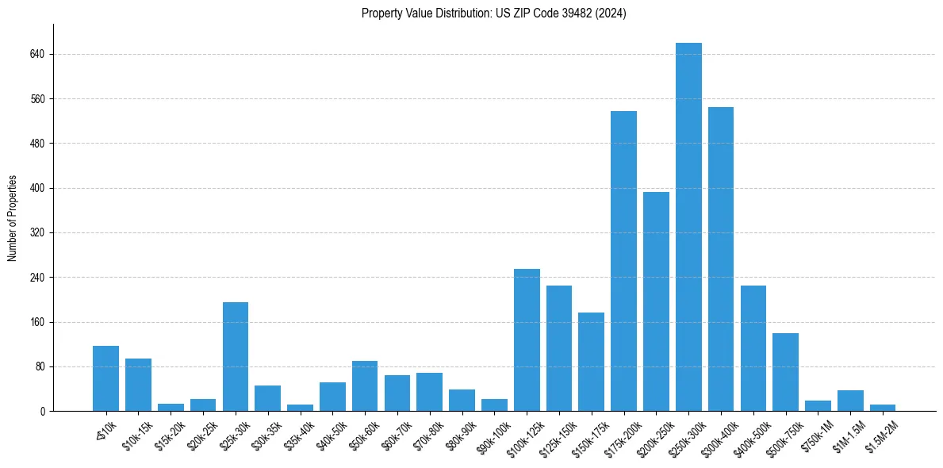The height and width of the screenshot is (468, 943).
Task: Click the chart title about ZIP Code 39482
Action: click(x=493, y=13)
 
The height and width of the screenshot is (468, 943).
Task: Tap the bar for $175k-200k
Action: click(x=623, y=261)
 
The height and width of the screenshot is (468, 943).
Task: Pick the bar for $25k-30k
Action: click(x=236, y=357)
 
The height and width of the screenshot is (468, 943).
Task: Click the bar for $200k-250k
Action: click(x=656, y=301)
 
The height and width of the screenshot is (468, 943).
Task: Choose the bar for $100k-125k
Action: click(x=527, y=340)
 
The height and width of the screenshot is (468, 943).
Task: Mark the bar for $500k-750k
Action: click(x=785, y=372)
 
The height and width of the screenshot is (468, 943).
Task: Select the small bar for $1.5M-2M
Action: click(x=883, y=408)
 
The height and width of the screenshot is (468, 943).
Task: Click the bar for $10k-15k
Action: click(x=138, y=385)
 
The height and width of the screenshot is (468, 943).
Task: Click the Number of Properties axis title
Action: click(x=13, y=218)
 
